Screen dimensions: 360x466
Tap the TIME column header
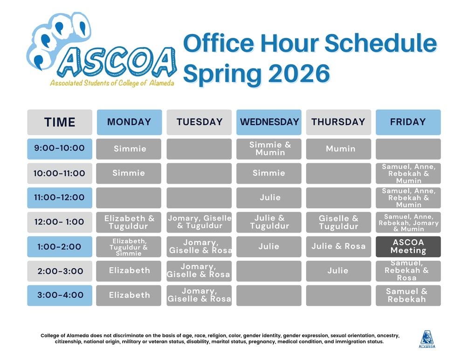60,122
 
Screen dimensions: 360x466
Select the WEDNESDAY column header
269,122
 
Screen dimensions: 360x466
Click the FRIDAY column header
408,122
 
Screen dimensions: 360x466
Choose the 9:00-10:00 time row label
60,148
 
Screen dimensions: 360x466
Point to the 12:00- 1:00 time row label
60,222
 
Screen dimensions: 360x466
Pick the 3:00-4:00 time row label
60,295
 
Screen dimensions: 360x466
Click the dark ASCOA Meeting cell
408,246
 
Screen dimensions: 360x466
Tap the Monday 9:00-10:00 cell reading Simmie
129,149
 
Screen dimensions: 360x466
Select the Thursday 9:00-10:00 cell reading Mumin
339,149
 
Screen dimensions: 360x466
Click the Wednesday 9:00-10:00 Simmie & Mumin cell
269,149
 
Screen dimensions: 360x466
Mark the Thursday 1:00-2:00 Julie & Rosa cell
339,246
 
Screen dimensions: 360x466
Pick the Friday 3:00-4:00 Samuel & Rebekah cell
408,295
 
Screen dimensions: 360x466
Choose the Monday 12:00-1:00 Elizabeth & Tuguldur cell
129,222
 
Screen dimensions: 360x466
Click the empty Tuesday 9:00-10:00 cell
199,149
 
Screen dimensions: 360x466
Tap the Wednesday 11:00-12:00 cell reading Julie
269,198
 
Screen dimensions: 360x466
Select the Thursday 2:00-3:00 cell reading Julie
339,271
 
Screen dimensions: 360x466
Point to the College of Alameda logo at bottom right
427,339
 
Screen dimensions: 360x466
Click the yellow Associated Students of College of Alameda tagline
112,83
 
